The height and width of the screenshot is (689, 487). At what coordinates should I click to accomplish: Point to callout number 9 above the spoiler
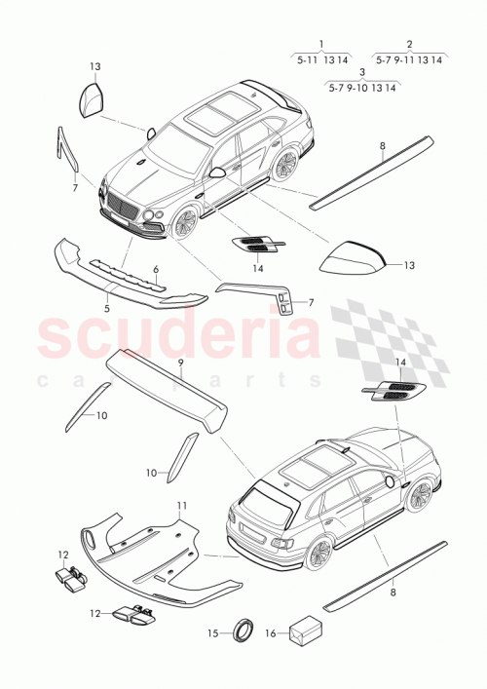tap(180, 362)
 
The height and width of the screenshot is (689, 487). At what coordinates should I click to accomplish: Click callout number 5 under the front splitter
tap(107, 308)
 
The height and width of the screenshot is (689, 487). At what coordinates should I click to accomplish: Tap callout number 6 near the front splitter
tap(154, 269)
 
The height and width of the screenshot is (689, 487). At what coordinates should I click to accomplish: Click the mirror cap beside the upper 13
tap(94, 99)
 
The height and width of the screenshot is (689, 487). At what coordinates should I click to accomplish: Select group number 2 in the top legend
tap(409, 44)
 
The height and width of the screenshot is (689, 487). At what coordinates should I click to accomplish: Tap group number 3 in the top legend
tap(362, 72)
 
